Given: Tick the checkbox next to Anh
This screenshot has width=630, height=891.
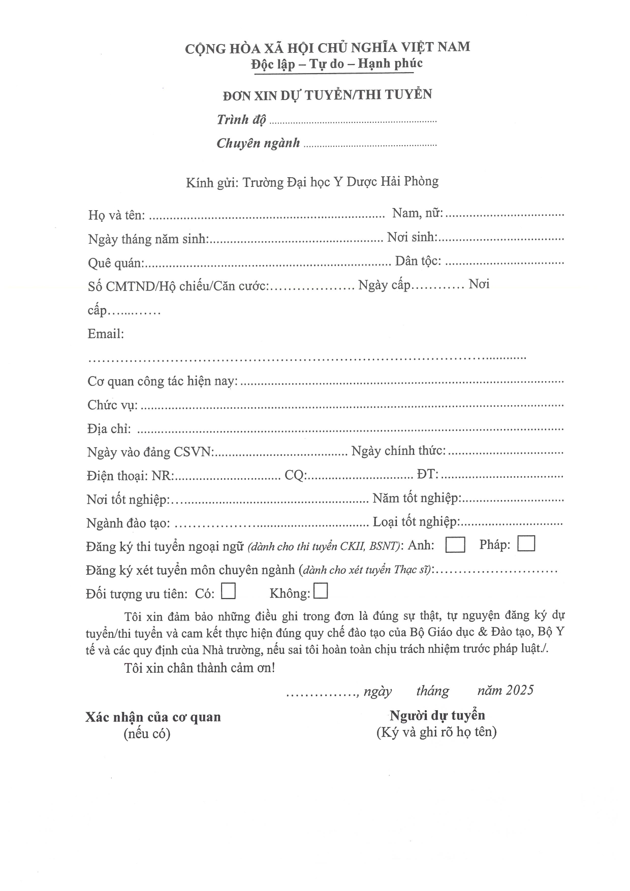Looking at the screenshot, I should pyautogui.click(x=455, y=545).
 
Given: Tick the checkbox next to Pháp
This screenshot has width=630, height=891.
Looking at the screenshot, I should pyautogui.click(x=526, y=544).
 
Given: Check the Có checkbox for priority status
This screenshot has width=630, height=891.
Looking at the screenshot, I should pyautogui.click(x=228, y=592).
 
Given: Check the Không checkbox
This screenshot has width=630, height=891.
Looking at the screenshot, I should pyautogui.click(x=321, y=591).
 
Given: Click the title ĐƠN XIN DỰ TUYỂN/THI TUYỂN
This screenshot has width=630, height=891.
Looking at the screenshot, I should pyautogui.click(x=328, y=95).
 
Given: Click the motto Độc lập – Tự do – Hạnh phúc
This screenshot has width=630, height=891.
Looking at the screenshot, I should pyautogui.click(x=337, y=64).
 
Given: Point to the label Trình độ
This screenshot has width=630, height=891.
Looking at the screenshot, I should pyautogui.click(x=241, y=120).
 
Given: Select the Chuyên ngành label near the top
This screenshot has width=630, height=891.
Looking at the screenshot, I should pyautogui.click(x=258, y=144).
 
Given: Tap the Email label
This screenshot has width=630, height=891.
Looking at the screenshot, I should pyautogui.click(x=106, y=334).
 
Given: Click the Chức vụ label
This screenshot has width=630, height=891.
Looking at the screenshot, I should pyautogui.click(x=112, y=405).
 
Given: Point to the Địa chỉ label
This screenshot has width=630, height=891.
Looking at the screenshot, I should pyautogui.click(x=109, y=429).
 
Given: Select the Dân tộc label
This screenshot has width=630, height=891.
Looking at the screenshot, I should pyautogui.click(x=418, y=261).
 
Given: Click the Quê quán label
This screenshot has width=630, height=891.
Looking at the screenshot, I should pyautogui.click(x=116, y=263).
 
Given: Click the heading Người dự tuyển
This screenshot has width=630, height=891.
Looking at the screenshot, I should pyautogui.click(x=437, y=716).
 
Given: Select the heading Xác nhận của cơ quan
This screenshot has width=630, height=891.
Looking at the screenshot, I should pyautogui.click(x=153, y=717).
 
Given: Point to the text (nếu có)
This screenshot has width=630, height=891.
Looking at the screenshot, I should pyautogui.click(x=147, y=734).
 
